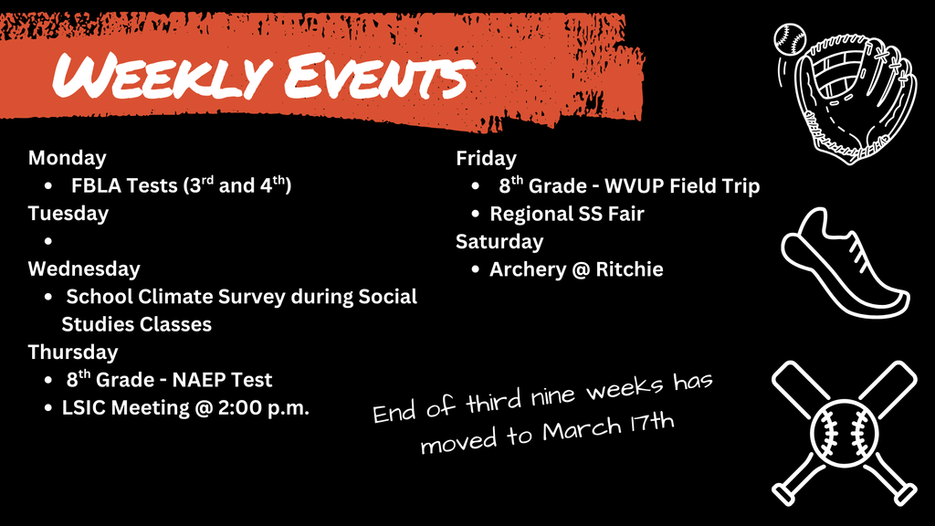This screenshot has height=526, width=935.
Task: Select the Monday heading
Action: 67,158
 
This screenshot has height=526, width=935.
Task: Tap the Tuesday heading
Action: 68,214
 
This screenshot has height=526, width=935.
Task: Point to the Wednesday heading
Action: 84,268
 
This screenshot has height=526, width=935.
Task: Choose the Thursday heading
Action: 72,352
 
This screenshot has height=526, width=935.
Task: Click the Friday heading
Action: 486,158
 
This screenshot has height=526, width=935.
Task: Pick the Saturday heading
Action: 499,241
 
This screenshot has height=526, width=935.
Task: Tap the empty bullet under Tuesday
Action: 47,242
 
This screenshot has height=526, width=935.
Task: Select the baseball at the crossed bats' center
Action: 844,430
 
